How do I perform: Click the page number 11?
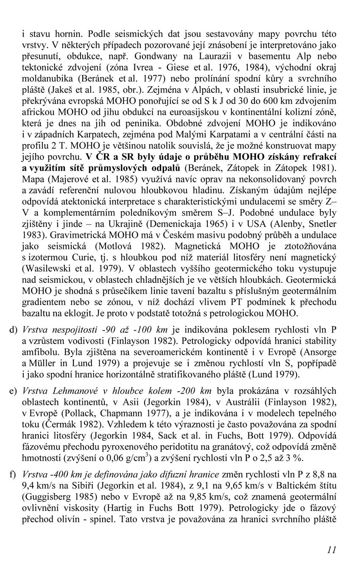[332, 549]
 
